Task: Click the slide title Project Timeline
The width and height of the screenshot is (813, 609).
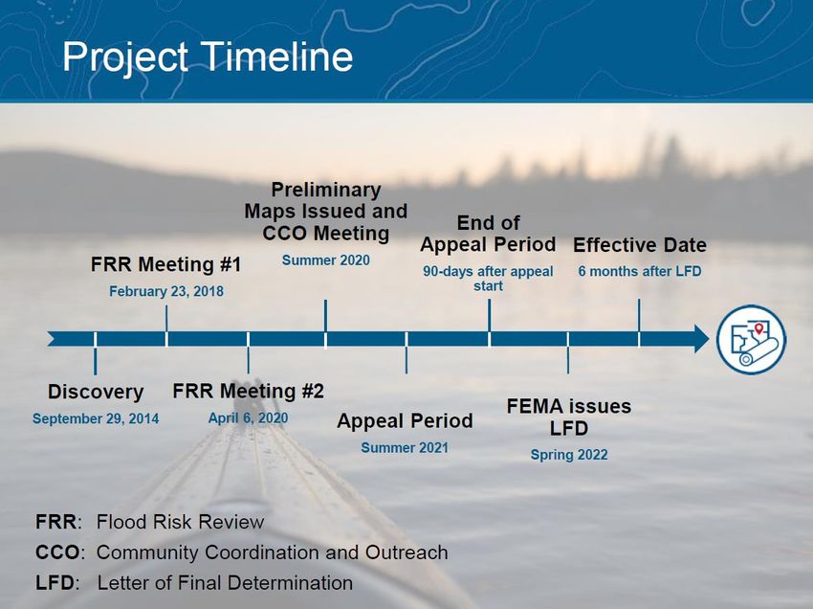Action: [208, 58]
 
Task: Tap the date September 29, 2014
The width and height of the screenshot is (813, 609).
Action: [96, 418]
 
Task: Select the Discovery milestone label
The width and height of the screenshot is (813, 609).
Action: [96, 392]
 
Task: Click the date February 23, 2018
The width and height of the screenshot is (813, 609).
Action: [166, 291]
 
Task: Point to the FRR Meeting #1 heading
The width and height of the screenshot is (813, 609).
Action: [165, 264]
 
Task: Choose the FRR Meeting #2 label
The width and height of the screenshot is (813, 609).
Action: [248, 391]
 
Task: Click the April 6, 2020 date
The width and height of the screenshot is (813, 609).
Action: [248, 417]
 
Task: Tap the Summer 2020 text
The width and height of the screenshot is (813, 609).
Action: [325, 260]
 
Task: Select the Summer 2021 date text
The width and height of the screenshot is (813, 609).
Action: [405, 447]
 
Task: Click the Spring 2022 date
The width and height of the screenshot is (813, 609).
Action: [569, 455]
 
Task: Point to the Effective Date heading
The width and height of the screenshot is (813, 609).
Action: [639, 245]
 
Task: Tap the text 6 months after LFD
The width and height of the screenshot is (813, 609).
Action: [639, 271]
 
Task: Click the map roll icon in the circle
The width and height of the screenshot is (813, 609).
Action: [751, 340]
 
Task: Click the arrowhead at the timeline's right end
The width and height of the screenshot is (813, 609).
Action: [701, 339]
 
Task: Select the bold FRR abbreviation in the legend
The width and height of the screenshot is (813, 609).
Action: [56, 522]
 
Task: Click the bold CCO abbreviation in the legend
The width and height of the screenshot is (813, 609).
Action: [57, 552]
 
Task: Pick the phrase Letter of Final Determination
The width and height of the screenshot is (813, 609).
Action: [225, 582]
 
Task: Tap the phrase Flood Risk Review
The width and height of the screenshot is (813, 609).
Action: [181, 522]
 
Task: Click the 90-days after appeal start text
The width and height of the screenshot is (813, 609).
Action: [488, 279]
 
